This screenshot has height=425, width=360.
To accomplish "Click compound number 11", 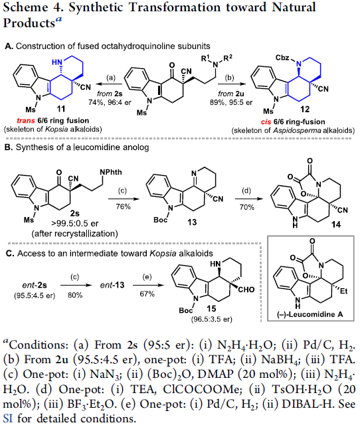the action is coord(61,109).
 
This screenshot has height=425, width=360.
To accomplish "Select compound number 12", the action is coord(305,110).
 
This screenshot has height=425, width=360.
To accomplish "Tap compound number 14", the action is coord(335,224).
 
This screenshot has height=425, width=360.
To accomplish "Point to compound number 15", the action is coord(211,308).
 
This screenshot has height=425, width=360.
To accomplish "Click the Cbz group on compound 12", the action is coord(283,58).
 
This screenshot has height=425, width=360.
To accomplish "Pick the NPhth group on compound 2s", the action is coord(111,173).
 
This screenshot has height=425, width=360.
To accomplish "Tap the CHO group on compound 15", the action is coord(246,290).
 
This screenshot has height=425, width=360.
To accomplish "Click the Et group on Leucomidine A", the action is coord(344,291).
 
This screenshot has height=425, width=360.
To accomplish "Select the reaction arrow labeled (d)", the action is coord(249,199).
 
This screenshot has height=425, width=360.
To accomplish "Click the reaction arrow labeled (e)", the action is coord(148,285).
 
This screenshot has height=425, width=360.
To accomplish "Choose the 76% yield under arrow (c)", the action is coord(123,207).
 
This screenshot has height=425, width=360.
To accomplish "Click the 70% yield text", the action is coord(246,207).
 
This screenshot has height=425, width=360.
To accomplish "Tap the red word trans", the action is coord(26,121).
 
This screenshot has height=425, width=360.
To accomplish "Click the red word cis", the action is coord(266,122).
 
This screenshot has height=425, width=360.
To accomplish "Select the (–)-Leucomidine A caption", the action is coord(310,314).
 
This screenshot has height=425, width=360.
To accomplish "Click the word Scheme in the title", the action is coord(25,7).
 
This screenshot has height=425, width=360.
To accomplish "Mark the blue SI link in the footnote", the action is coord(7,418).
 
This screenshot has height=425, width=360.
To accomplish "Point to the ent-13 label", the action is coord(112,285).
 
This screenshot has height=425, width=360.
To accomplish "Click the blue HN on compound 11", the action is coord(57,62).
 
